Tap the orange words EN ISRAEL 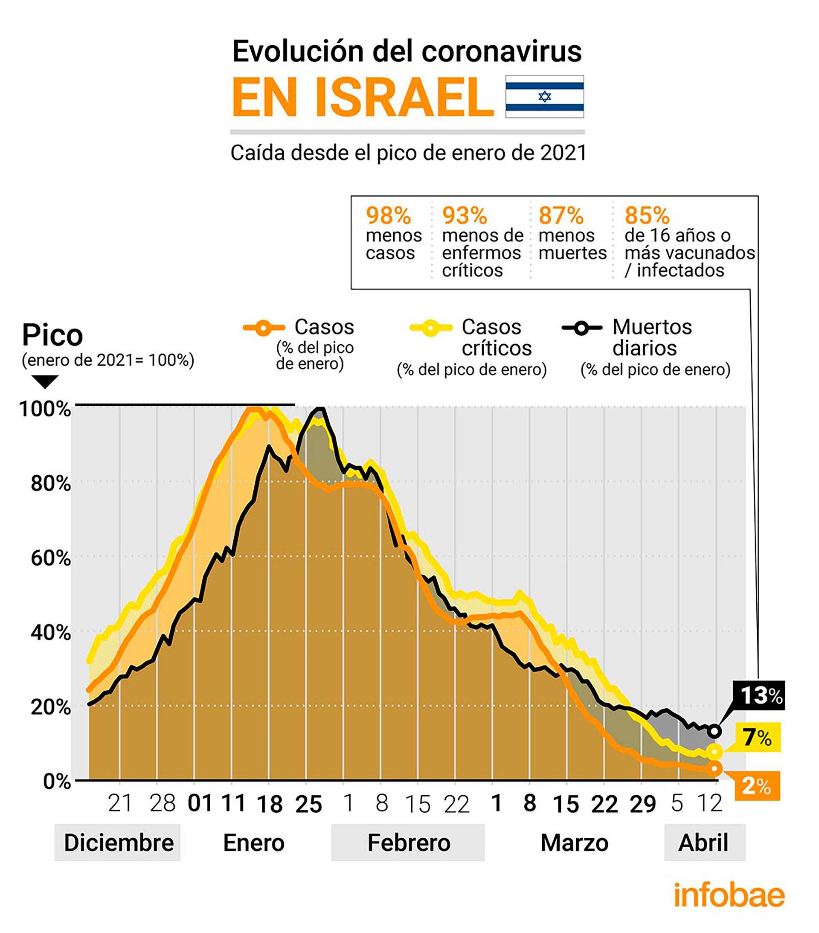(x=363, y=98)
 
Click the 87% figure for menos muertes (x=561, y=215)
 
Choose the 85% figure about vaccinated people (x=646, y=215)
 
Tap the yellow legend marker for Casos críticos (x=430, y=328)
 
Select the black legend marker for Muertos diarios (x=581, y=328)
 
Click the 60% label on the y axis (x=51, y=558)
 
